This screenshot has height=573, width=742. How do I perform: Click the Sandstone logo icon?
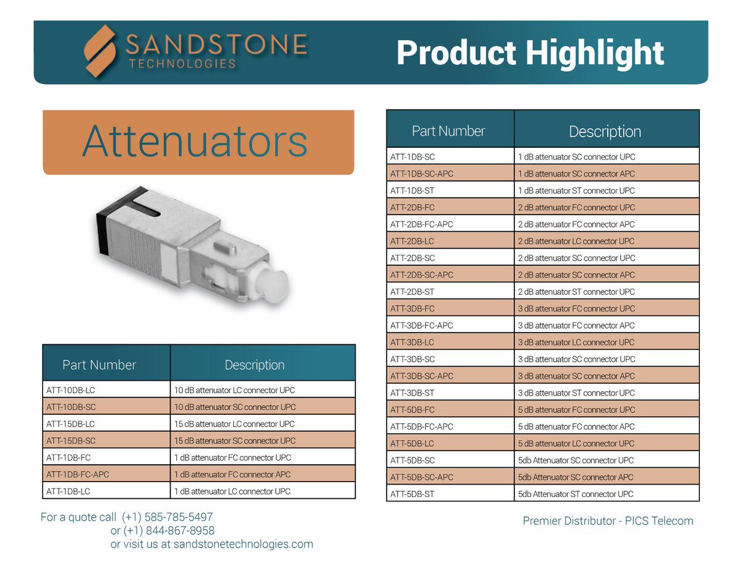coord(101,51)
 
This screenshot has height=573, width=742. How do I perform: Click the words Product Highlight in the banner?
coord(530,53)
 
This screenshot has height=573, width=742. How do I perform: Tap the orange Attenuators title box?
coord(198,142)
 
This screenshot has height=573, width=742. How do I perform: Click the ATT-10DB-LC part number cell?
coord(70,390)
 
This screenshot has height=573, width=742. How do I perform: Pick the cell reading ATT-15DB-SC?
coord(70,441)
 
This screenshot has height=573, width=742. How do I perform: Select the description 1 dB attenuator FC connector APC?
coord(232,475)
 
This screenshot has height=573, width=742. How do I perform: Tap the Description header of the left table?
coord(255,365)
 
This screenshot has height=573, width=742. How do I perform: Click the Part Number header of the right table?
coord(448,131)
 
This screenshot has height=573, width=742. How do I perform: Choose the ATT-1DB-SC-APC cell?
coord(422,174)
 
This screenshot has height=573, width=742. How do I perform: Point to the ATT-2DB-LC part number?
coord(412,241)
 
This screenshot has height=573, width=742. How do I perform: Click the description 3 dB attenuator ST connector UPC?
coord(576,393)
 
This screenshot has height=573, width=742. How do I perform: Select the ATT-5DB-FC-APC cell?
coord(422,427)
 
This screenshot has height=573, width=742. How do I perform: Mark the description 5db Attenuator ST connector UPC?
coord(575,494)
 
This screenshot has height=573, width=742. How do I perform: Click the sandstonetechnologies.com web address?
coord(244,545)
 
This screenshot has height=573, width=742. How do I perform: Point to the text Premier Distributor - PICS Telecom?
coord(608,521)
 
